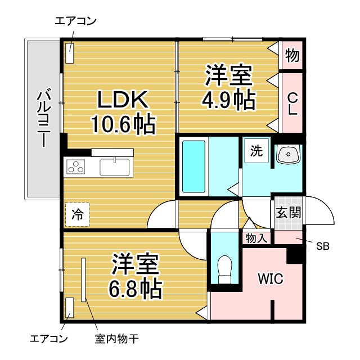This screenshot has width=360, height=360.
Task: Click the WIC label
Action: tap(270, 278)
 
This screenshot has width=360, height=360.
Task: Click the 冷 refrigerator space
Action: tap(76, 214)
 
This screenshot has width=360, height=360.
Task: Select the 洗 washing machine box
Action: tap(256, 151)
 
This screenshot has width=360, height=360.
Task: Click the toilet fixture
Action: tap(224, 269)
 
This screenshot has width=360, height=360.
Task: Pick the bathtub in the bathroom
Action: tap(194, 166)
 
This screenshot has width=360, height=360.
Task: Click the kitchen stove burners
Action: tap(76, 167)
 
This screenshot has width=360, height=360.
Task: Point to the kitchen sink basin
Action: tap(115, 167)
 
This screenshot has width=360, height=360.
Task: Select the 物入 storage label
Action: tap(256, 238)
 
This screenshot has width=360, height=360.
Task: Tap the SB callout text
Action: tap(323, 246)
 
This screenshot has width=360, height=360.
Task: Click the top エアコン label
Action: tap(76, 21)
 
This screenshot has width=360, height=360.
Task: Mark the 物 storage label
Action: tap(292, 55)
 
